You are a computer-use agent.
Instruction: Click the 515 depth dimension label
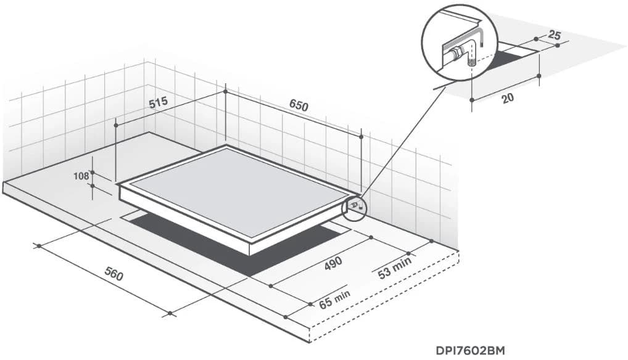click(158, 103)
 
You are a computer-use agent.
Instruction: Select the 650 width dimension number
click(299, 105)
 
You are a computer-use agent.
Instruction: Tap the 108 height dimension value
click(81, 176)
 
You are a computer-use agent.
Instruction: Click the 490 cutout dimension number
click(333, 263)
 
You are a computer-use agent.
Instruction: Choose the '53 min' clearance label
click(394, 268)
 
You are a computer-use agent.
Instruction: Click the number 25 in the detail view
click(554, 35)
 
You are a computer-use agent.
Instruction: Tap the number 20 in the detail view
click(508, 98)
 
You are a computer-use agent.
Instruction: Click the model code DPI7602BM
click(470, 351)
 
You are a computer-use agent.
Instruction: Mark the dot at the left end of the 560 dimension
click(39, 245)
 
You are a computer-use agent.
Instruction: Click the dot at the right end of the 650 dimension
click(362, 137)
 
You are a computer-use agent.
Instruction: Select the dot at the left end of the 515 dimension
click(116, 125)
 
